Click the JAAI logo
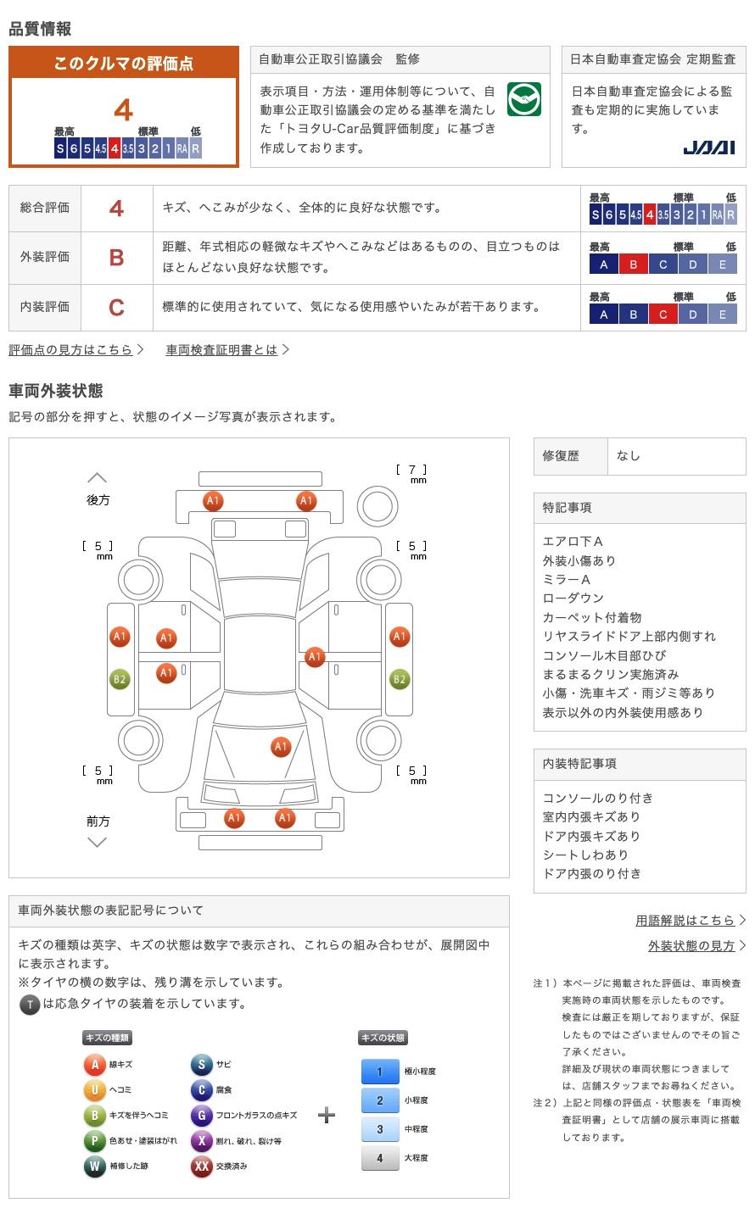[708, 148]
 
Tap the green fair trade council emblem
[524, 99]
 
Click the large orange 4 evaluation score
[124, 110]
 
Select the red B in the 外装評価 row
[116, 258]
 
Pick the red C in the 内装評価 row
[116, 307]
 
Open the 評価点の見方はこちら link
[70, 349]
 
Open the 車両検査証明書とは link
[221, 349]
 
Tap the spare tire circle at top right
[377, 507]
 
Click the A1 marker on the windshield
[281, 747]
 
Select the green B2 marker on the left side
[120, 679]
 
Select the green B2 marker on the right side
[400, 679]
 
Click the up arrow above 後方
[97, 477]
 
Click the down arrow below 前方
[97, 842]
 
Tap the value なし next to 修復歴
[628, 456]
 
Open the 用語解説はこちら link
[685, 921]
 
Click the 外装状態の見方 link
[691, 946]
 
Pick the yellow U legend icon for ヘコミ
[94, 1089]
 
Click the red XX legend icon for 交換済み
[201, 1166]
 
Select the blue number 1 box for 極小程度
[380, 1072]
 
